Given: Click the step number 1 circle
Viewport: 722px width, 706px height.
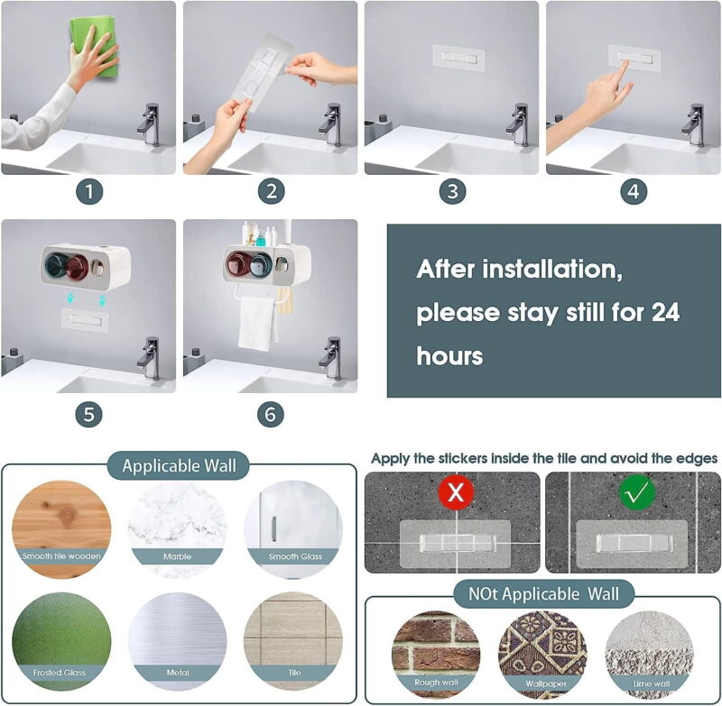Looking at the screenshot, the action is (89, 191).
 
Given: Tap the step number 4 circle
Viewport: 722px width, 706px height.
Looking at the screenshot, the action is (634, 191).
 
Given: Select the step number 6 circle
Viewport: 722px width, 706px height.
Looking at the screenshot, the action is (270, 415).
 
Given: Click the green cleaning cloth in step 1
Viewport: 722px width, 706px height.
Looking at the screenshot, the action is (95, 46).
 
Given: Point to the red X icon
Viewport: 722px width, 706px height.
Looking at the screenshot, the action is (456, 492).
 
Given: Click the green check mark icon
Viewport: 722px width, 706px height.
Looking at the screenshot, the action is (637, 492).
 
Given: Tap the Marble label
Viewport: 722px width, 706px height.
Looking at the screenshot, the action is (177, 556).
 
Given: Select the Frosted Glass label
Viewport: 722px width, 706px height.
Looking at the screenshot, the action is (60, 673).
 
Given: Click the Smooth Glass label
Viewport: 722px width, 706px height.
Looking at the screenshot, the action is (295, 556).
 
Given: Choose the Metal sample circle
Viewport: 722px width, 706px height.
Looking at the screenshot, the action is (177, 641).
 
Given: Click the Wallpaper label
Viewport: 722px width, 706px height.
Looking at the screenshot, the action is (546, 683).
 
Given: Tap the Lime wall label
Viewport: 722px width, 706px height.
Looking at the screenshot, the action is (652, 683).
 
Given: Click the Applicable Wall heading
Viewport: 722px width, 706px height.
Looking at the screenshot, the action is (179, 466).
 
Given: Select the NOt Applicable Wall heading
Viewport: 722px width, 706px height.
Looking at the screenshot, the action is (544, 594).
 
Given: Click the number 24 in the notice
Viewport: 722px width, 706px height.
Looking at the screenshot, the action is (665, 312).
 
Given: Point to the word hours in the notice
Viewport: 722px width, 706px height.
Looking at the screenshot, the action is (449, 356).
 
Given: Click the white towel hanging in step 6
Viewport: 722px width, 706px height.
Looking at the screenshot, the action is (257, 322).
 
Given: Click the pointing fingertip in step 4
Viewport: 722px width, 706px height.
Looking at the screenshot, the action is (625, 62).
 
